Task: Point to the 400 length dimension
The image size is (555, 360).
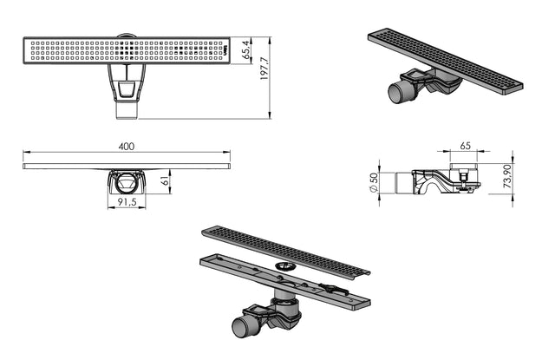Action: (127, 147)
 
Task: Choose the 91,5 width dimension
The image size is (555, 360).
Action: (127, 205)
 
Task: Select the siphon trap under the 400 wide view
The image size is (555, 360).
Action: (127, 183)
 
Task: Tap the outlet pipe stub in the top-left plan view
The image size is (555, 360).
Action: (127, 108)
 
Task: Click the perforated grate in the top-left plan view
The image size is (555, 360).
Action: (127, 49)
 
